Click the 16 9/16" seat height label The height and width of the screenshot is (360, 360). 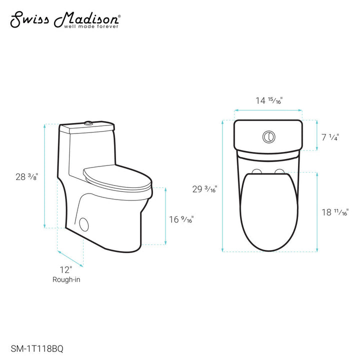181,219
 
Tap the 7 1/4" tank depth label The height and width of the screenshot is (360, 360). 330,136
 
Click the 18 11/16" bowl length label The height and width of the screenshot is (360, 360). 334,212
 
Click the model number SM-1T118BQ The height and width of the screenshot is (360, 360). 36,344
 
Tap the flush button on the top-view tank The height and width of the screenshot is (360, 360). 268,135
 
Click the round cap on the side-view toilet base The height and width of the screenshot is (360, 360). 84,223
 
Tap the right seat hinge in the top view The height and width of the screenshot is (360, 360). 279,172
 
